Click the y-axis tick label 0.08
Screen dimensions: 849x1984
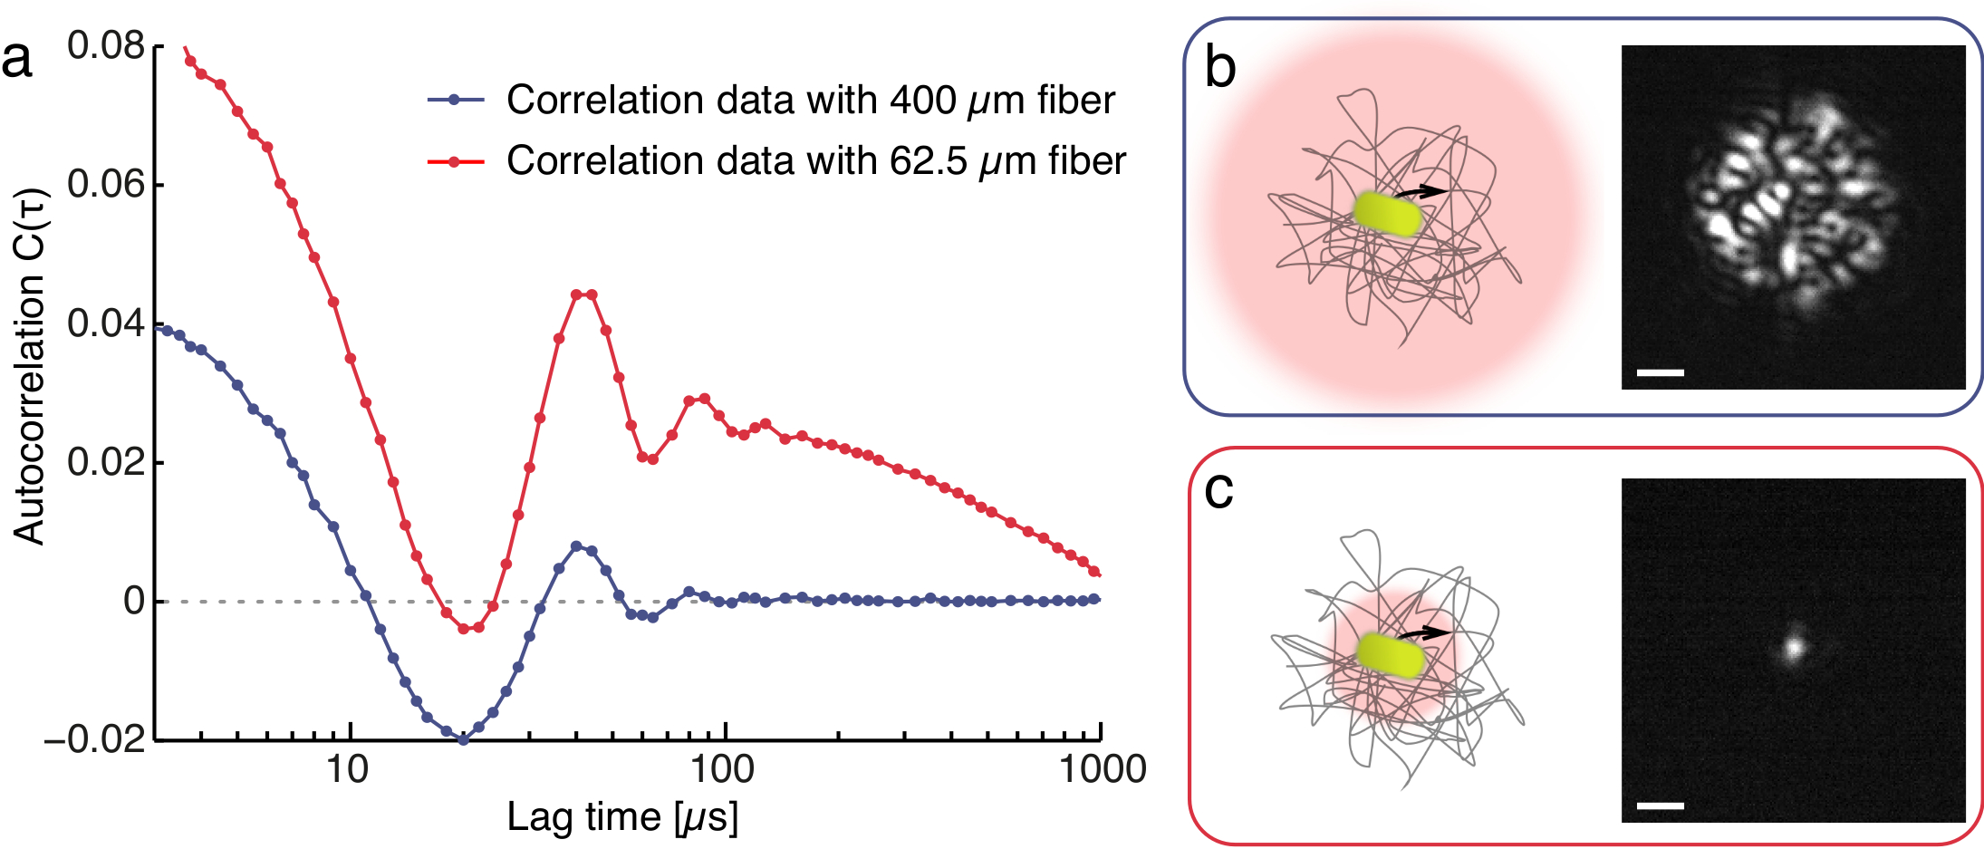106,46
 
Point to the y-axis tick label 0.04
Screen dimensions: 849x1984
106,323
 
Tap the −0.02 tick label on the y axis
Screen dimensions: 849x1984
95,740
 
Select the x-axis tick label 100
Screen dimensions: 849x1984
722,770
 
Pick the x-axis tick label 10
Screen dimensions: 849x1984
347,770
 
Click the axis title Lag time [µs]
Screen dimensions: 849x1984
622,817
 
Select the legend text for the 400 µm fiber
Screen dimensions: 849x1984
810,101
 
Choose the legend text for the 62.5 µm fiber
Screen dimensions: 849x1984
815,161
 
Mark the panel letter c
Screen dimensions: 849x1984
1218,490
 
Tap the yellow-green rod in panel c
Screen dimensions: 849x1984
1392,656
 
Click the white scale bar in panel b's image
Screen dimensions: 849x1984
1660,372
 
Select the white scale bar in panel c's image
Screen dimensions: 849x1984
1660,805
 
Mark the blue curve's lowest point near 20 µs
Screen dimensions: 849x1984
463,739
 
